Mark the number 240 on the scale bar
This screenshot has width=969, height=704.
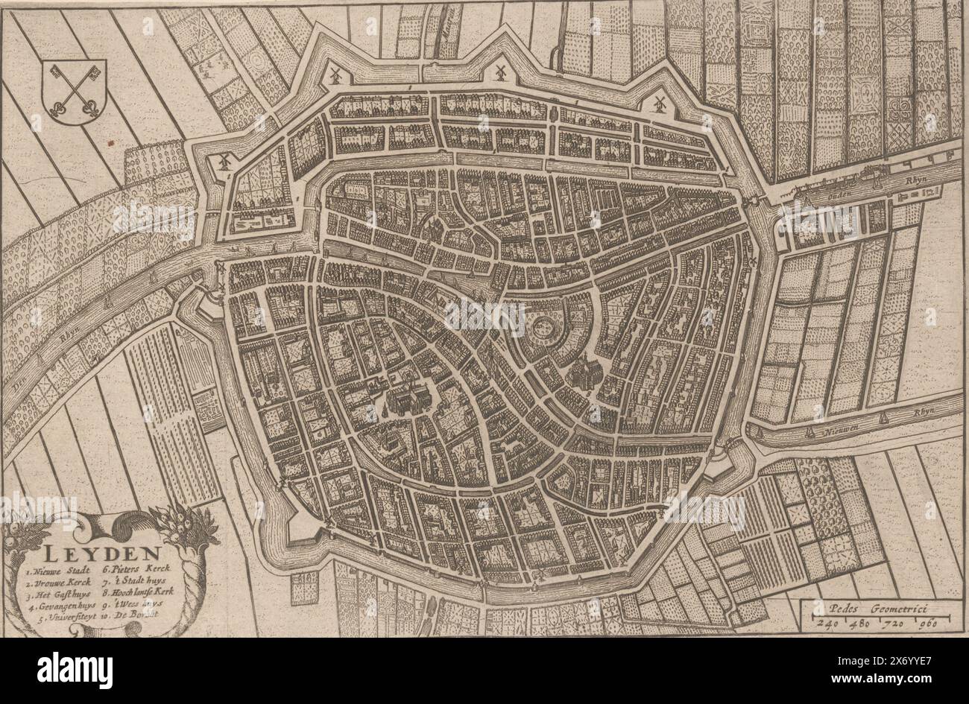(x=822, y=624)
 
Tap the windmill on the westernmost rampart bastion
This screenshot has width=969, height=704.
(x=226, y=160)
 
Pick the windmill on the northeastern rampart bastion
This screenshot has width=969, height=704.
(x=659, y=104)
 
